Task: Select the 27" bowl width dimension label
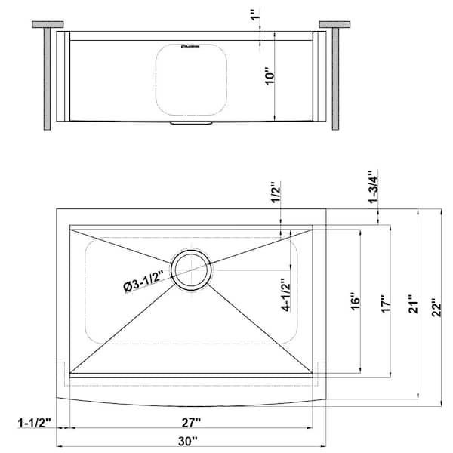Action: (x=190, y=421)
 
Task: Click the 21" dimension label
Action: (x=411, y=305)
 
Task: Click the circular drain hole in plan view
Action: (x=191, y=270)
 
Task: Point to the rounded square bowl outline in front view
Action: (x=192, y=79)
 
